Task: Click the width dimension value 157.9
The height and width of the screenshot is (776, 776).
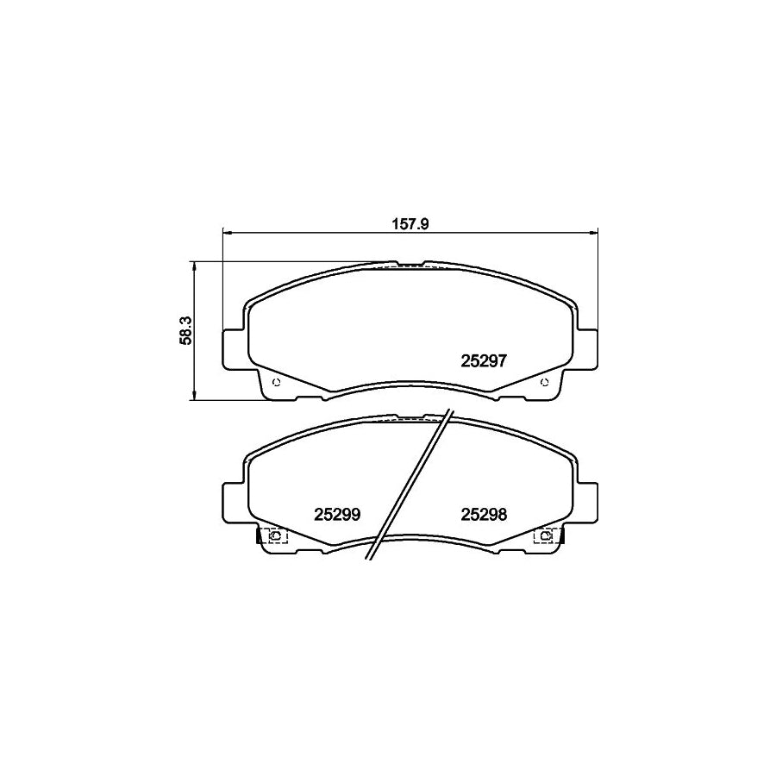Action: pyautogui.click(x=410, y=222)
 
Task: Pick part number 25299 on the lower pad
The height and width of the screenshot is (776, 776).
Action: pyautogui.click(x=336, y=514)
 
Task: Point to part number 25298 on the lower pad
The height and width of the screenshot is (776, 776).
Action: pyautogui.click(x=484, y=514)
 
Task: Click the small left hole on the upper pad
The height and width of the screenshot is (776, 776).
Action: pyautogui.click(x=275, y=383)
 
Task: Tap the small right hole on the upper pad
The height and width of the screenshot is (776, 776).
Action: pyautogui.click(x=543, y=383)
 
